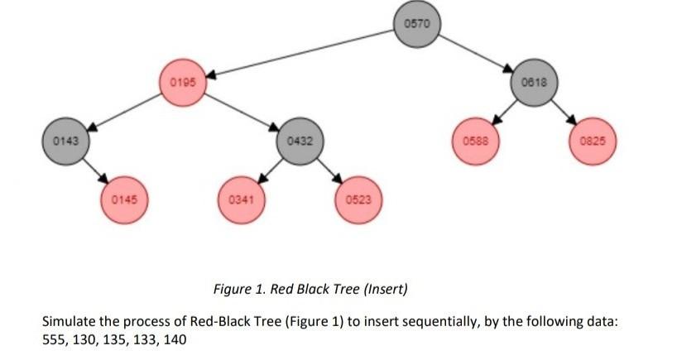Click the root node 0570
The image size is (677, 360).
pyautogui.click(x=418, y=23)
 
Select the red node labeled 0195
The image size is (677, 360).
pyautogui.click(x=181, y=83)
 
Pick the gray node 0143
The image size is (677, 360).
pyautogui.click(x=65, y=142)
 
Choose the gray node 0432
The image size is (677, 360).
pyautogui.click(x=300, y=142)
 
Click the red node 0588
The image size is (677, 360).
pyautogui.click(x=475, y=142)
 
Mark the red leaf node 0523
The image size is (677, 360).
pyautogui.click(x=358, y=200)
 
